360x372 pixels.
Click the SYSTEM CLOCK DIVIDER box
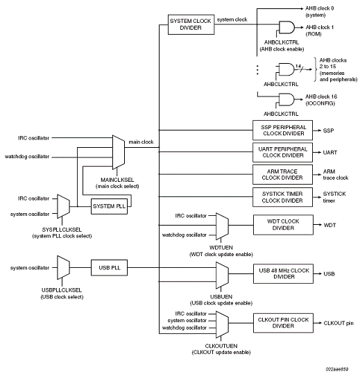191,24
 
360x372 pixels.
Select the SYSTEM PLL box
109,206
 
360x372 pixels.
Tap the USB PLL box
109,268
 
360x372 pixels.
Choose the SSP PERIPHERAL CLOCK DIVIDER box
282,130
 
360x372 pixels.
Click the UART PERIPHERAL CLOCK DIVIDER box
282,152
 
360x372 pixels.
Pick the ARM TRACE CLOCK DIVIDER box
282,175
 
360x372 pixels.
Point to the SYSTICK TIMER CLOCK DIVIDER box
282,197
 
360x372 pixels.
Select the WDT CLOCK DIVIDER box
283,225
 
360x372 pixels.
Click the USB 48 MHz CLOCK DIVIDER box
283,273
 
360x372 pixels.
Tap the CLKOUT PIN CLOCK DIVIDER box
283,323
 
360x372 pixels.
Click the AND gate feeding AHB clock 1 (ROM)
286,27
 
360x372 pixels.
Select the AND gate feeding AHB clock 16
286,99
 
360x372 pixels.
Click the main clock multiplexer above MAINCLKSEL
119,152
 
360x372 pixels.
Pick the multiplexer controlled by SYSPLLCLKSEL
63,206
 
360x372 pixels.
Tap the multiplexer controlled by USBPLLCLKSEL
63,268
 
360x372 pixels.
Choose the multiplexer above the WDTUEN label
222,226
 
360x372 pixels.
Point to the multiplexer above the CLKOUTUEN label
222,324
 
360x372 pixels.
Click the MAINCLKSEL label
117,180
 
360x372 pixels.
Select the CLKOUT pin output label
338,323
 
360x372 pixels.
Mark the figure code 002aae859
336,369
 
